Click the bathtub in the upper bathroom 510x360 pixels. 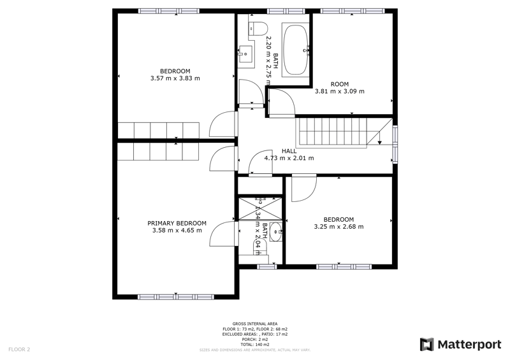(295, 49)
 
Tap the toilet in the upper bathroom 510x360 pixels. (257, 27)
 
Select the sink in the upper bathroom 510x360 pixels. (245, 54)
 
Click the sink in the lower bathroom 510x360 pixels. (275, 233)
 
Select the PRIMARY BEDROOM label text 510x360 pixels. (177, 223)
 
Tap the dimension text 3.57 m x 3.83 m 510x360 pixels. (175, 78)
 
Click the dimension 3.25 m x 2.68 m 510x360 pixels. (339, 227)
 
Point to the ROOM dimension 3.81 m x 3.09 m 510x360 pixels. (340, 91)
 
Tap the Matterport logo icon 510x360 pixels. (426, 345)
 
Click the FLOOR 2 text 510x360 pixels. (19, 349)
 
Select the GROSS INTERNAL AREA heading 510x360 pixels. (254, 324)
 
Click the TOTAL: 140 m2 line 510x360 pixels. (254, 344)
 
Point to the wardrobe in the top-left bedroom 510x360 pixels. (158, 129)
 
